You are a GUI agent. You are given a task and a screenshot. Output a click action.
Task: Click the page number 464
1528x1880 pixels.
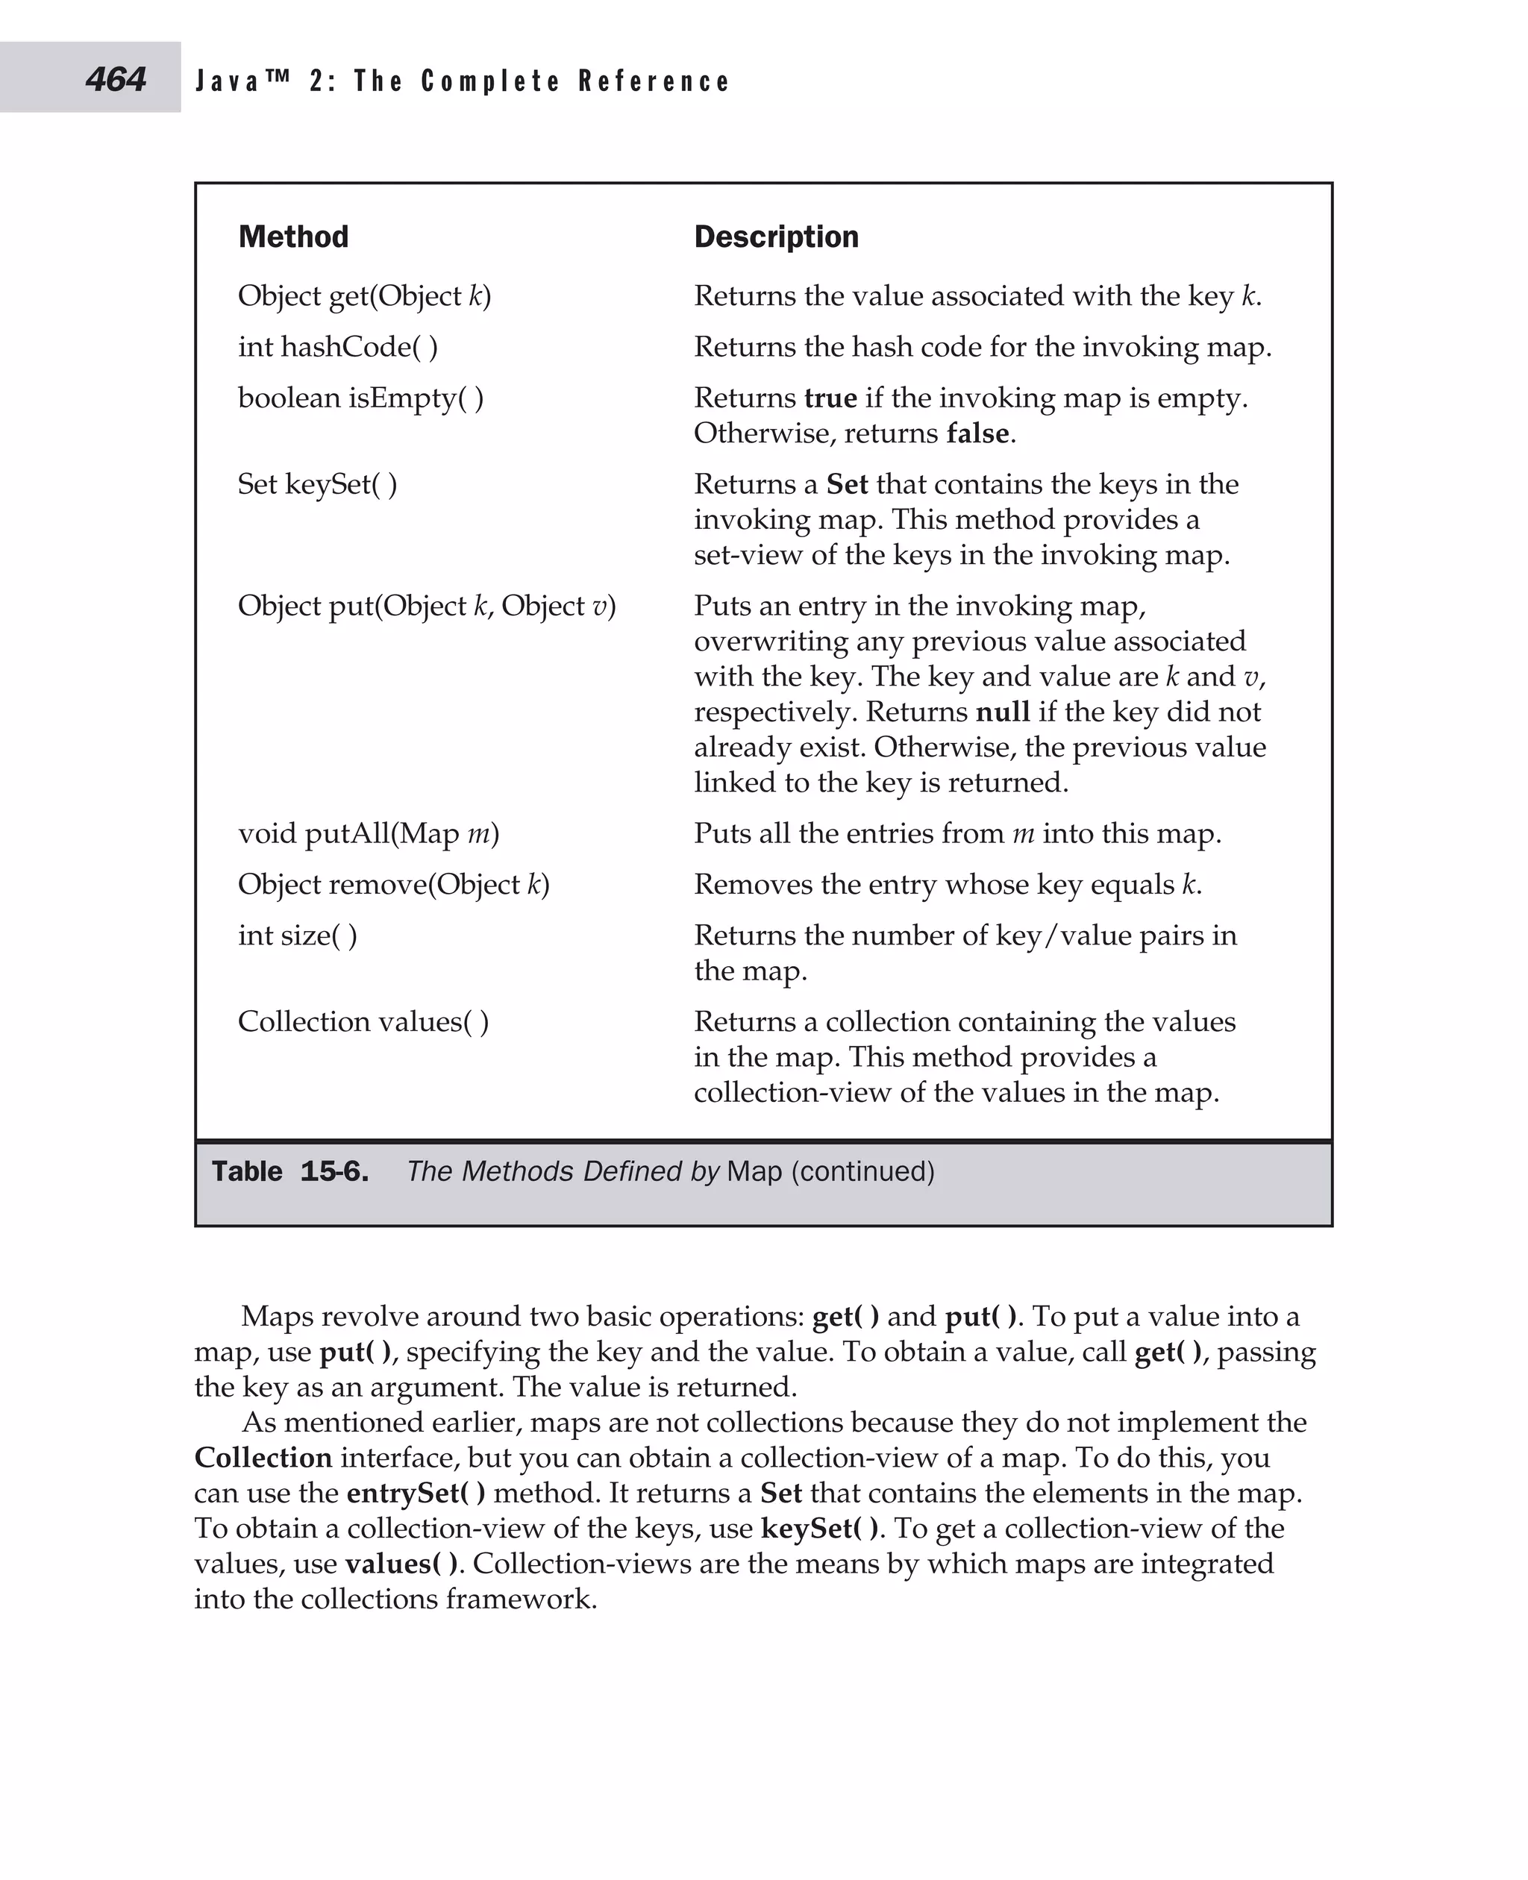[116, 79]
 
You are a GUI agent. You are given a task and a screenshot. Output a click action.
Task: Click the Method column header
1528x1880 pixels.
[293, 236]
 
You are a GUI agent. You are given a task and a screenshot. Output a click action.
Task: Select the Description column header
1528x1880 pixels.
[775, 236]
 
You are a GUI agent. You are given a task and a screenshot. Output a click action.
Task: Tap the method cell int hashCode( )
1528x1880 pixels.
[338, 347]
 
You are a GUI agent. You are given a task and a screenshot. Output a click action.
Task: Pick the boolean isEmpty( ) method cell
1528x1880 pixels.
[361, 398]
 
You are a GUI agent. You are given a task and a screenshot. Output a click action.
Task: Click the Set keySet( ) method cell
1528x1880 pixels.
[317, 484]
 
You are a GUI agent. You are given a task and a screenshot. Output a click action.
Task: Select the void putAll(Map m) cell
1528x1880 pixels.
[368, 833]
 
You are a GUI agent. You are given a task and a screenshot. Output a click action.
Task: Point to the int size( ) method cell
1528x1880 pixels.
[298, 935]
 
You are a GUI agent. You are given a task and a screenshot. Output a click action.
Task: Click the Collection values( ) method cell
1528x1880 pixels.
[363, 1021]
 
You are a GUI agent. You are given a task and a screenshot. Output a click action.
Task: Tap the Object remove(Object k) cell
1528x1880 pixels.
[393, 883]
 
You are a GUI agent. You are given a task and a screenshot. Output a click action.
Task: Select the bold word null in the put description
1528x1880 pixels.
[1003, 711]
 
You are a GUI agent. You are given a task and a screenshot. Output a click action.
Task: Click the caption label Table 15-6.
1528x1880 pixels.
[289, 1171]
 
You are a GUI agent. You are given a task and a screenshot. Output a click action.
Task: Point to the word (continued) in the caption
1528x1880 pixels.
[862, 1171]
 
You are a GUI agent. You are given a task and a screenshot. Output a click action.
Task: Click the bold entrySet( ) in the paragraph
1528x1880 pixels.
[416, 1493]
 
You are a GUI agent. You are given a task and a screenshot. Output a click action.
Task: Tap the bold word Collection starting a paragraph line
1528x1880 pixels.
[263, 1458]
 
